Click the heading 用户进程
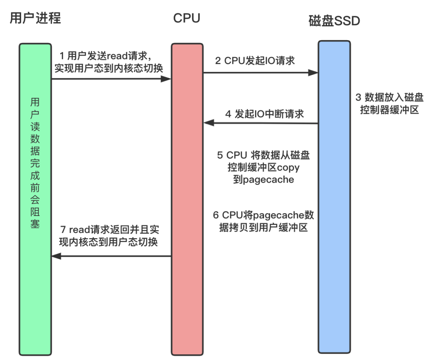35,18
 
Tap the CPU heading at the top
187,18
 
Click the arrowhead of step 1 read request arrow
167,79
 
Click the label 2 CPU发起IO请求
255,61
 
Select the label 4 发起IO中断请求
264,114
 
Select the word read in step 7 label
80,229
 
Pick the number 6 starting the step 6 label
216,215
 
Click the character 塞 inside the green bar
35,225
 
